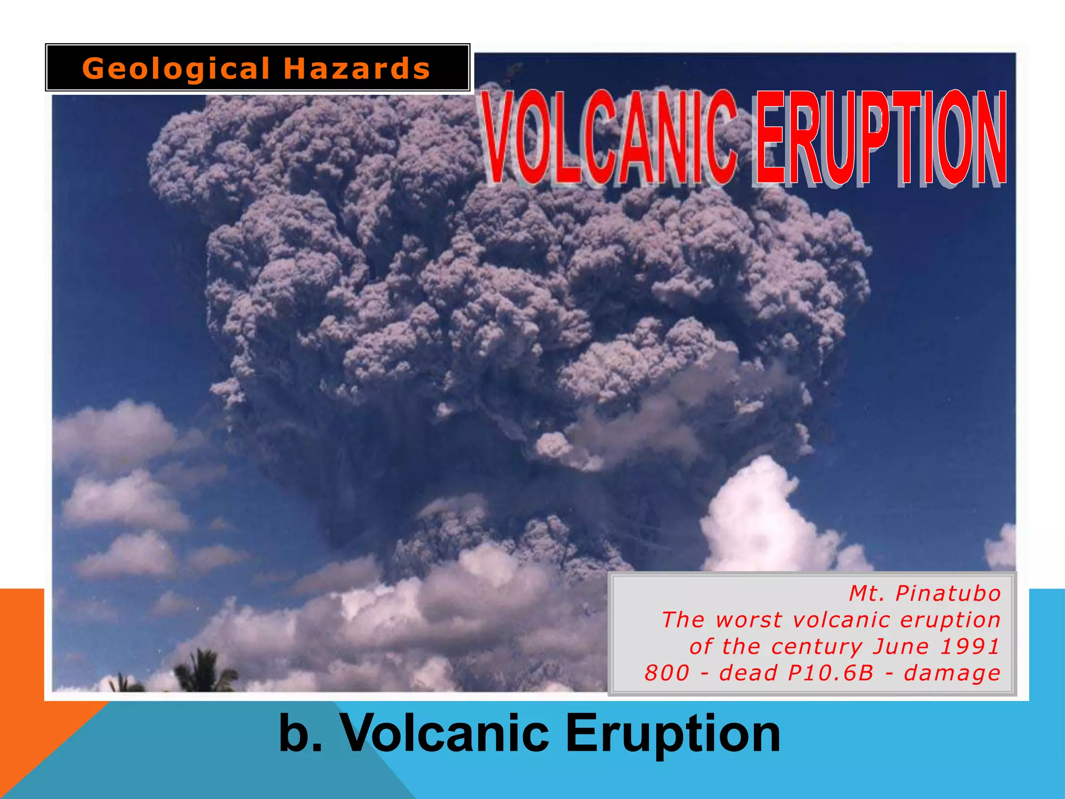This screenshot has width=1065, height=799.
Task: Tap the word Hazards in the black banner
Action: (x=357, y=69)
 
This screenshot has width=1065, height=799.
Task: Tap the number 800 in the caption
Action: (x=667, y=673)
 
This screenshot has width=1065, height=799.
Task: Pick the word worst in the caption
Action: (x=748, y=620)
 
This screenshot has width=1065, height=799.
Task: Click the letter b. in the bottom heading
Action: (x=301, y=733)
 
